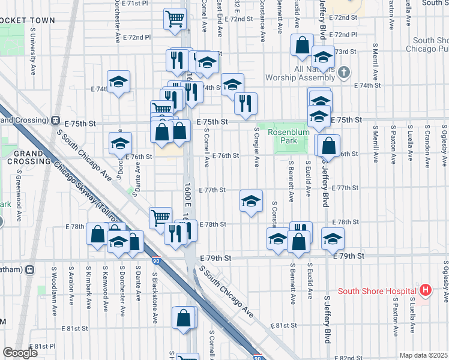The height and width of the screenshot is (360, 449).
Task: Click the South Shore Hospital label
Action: (x=378, y=292)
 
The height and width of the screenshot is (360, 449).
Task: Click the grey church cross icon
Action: (x=344, y=73)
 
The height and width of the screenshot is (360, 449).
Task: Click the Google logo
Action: (x=20, y=353)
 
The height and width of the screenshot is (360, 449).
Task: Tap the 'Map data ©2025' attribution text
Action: (x=423, y=355)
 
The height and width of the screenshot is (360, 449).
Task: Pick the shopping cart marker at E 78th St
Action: (x=160, y=217)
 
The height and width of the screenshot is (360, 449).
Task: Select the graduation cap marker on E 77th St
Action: (x=251, y=200)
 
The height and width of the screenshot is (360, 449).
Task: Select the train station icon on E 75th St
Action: (x=56, y=120)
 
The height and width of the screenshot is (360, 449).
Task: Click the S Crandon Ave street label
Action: (x=427, y=144)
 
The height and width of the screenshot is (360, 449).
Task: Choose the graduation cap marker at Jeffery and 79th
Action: (x=333, y=238)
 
